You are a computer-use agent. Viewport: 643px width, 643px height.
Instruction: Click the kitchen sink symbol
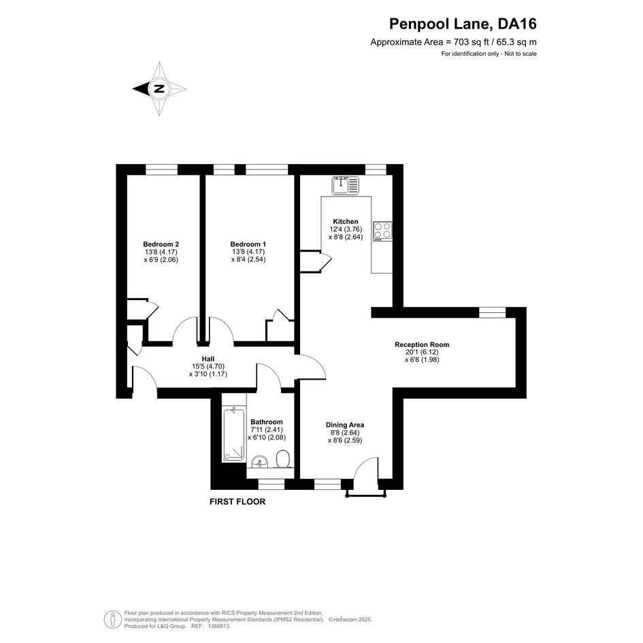click(345, 185)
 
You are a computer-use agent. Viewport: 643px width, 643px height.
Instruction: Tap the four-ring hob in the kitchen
click(382, 231)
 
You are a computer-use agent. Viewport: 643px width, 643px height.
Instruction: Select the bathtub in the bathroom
click(234, 435)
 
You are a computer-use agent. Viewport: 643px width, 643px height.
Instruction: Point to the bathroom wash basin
click(259, 461)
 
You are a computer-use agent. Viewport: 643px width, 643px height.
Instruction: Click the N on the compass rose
click(159, 88)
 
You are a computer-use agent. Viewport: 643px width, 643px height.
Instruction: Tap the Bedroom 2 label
click(161, 244)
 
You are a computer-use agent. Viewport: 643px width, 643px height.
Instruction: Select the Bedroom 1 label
click(248, 244)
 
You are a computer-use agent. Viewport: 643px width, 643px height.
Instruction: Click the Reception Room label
click(422, 344)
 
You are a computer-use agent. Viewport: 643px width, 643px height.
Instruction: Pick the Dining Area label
click(345, 425)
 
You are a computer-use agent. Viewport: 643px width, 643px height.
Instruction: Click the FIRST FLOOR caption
click(237, 501)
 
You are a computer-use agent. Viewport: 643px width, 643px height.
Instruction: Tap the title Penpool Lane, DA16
click(463, 24)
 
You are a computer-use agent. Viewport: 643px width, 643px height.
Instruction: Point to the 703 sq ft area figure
click(472, 42)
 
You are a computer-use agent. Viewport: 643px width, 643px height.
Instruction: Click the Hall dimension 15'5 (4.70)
click(208, 367)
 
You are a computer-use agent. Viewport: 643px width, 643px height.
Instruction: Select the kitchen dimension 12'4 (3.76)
click(346, 229)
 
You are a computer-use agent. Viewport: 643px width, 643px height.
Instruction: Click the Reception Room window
click(493, 312)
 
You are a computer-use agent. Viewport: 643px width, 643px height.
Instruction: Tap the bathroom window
click(271, 484)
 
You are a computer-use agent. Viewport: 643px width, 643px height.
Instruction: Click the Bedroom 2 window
click(161, 169)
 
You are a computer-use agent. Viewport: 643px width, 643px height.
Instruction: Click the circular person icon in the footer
click(113, 620)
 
